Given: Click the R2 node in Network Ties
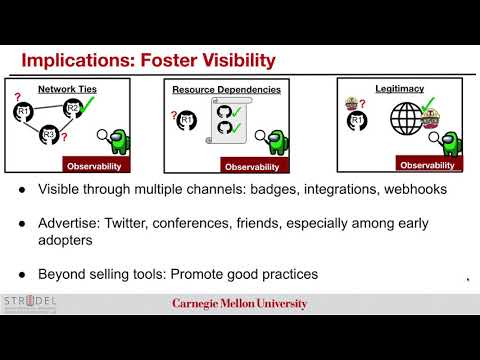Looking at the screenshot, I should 71,108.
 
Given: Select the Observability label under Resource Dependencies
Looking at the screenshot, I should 252,166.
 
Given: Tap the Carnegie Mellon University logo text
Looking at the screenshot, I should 240,304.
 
